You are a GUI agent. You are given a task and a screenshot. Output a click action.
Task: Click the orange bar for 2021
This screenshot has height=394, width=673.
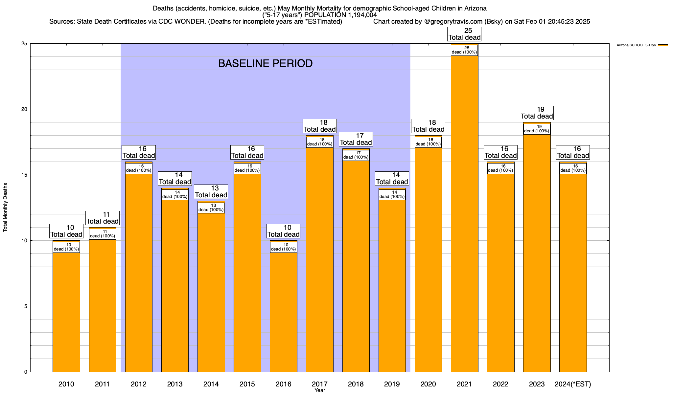464,213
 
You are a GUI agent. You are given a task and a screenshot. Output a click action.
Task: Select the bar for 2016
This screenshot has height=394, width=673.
283,312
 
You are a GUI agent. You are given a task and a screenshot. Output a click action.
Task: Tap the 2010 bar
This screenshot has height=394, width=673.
66,312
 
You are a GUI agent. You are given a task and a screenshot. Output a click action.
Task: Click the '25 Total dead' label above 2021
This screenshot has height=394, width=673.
464,34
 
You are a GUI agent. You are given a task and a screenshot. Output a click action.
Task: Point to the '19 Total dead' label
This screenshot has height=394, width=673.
537,113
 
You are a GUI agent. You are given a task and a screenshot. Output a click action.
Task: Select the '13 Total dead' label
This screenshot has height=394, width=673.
211,192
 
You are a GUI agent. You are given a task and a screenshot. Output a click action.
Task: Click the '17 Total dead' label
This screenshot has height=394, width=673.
356,139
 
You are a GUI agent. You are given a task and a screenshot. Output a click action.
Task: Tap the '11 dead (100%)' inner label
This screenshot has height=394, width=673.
103,234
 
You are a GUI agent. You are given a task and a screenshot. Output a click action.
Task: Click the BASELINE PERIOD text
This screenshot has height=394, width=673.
265,63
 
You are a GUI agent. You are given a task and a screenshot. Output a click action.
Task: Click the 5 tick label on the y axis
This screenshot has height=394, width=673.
26,306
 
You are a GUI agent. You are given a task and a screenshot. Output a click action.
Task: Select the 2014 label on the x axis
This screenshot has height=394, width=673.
211,384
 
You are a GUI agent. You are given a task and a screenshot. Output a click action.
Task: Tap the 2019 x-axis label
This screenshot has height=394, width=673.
392,384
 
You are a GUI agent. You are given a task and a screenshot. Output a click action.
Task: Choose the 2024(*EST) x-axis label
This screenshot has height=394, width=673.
573,384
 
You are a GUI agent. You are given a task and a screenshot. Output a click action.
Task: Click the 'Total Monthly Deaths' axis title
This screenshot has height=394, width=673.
5,208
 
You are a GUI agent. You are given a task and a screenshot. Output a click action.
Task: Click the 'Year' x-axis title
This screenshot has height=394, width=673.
319,390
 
